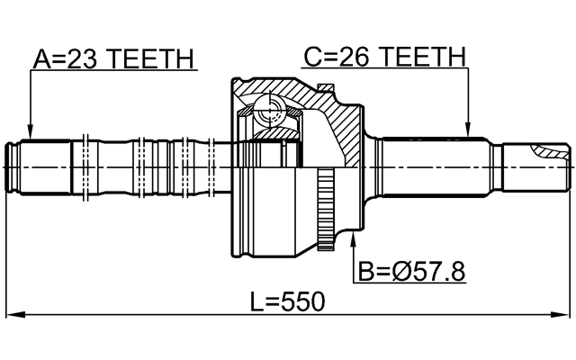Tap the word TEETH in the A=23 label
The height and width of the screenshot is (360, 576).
150,58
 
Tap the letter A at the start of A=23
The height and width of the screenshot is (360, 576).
42,58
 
